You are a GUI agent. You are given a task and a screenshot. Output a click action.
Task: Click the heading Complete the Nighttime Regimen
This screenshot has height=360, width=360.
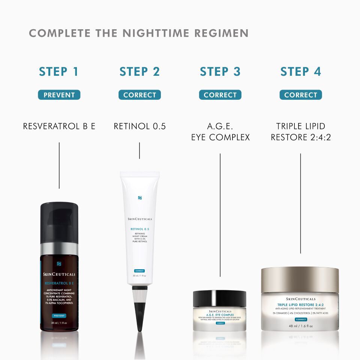click(x=139, y=33)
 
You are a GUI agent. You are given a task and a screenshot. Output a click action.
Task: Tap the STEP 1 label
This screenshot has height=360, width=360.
click(x=59, y=72)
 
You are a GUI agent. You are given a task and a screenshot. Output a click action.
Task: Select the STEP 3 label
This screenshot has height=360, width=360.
click(x=220, y=72)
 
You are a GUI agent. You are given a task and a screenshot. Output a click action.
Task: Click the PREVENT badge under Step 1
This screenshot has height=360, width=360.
click(x=59, y=95)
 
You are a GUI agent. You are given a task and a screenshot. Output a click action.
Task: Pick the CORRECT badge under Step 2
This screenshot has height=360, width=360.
click(x=139, y=95)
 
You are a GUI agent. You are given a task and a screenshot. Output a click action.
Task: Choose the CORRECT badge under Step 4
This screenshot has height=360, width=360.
click(x=300, y=95)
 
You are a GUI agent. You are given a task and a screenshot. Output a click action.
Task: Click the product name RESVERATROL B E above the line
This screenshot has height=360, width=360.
click(x=59, y=126)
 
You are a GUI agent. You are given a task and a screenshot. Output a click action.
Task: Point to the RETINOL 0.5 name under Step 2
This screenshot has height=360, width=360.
click(x=139, y=126)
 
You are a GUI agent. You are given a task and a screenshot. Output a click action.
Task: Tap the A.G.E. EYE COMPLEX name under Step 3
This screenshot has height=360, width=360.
click(x=220, y=132)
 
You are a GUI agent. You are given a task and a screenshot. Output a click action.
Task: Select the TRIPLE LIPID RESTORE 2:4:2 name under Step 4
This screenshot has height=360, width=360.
click(x=300, y=132)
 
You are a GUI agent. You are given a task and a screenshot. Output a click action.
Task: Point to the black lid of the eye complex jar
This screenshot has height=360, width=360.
click(x=220, y=298)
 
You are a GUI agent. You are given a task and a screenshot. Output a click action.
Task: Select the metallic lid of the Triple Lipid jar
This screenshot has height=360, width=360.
click(x=300, y=279)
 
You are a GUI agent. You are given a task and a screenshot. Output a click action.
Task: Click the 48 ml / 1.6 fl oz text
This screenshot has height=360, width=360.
click(x=300, y=326)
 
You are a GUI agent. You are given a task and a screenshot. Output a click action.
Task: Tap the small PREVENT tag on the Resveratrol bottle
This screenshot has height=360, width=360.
click(x=59, y=315)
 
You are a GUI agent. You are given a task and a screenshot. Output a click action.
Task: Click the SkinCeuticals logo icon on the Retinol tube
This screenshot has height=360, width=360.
click(x=139, y=198)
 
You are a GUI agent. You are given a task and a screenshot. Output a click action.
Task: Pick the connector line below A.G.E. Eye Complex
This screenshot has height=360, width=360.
click(x=220, y=214)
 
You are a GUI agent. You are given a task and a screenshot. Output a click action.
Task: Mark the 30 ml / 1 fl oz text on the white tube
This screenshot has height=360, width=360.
click(x=139, y=276)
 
